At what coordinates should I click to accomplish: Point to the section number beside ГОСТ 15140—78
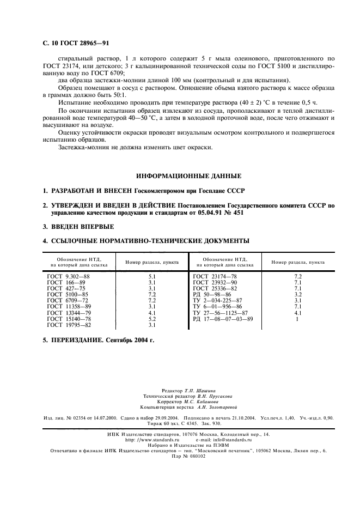152,319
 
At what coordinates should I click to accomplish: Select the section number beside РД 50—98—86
297,295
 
